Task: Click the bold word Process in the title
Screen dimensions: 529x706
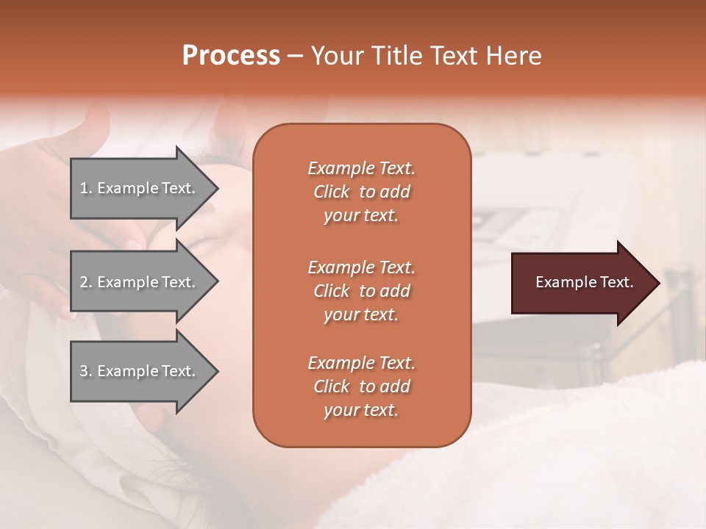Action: [231, 56]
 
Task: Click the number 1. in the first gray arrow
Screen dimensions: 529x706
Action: [86, 188]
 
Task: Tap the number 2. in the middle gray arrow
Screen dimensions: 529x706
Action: [86, 282]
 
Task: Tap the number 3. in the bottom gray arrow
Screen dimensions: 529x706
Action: [86, 371]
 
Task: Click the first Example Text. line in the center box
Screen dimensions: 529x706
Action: [361, 168]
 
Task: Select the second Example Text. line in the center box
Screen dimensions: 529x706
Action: [361, 267]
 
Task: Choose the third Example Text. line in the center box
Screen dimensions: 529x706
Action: [361, 363]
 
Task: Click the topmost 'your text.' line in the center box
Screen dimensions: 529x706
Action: [361, 216]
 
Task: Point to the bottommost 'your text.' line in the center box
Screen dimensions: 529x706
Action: [361, 411]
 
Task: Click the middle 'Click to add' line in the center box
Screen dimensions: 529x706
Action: [361, 291]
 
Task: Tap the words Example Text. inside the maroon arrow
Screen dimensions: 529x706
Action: [585, 282]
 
